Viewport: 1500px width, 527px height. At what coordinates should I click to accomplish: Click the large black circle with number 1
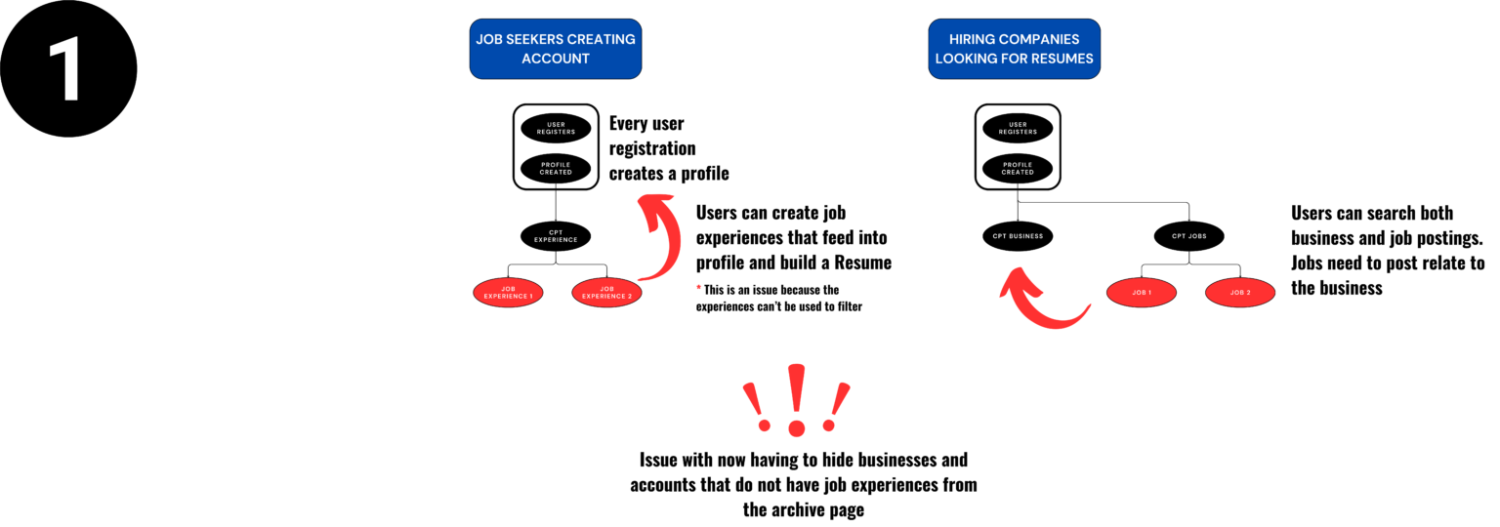click(67, 68)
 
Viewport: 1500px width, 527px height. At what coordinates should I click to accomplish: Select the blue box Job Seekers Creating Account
click(556, 49)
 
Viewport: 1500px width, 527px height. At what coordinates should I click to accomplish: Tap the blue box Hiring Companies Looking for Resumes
click(1014, 49)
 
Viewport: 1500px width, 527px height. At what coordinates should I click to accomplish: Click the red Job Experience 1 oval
click(508, 292)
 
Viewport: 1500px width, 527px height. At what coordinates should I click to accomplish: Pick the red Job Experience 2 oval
click(606, 292)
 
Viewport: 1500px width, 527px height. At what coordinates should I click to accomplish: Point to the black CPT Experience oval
click(556, 235)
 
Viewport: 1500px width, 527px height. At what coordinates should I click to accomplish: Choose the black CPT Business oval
click(1018, 235)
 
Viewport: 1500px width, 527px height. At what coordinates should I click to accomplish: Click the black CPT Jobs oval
click(1189, 235)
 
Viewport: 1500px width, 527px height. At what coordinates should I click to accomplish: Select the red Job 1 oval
click(1142, 292)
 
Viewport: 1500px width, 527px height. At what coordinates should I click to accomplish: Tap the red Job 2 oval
click(1240, 292)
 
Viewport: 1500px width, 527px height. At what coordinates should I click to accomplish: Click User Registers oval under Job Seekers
click(556, 128)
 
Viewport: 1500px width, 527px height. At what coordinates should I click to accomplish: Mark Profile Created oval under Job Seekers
click(556, 168)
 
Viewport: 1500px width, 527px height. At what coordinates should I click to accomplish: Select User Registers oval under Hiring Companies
click(1018, 128)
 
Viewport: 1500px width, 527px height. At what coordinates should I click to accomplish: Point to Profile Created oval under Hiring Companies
click(1018, 168)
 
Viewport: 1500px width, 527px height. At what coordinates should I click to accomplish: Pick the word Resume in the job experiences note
click(865, 263)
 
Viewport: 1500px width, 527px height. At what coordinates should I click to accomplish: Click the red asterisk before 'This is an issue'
click(699, 290)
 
